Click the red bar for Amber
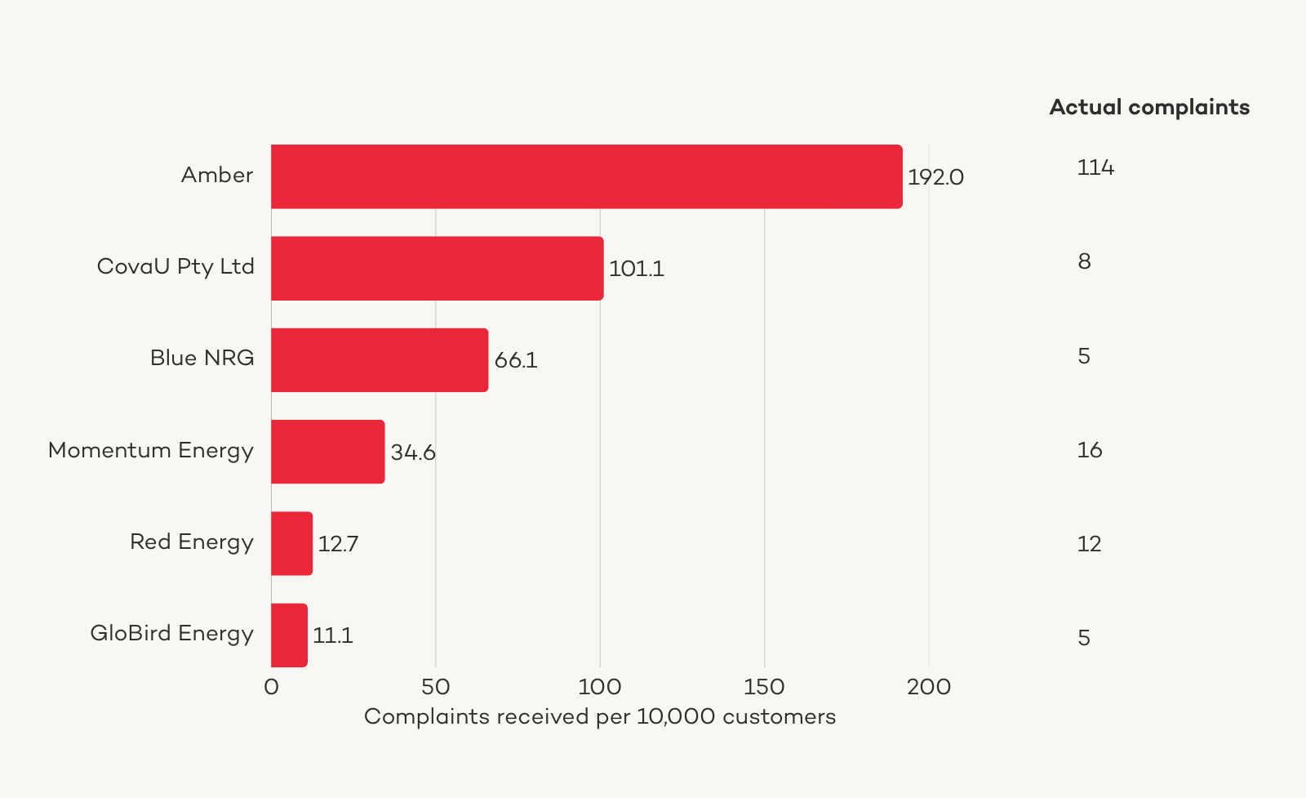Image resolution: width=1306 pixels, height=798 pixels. (x=586, y=176)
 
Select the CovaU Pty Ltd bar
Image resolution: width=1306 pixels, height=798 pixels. (x=437, y=268)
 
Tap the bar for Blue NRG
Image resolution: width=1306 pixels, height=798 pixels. (x=380, y=359)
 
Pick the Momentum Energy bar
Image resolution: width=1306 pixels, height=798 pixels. (x=327, y=452)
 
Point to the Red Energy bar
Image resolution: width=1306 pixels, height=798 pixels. (x=291, y=543)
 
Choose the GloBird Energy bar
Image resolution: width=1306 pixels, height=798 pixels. (x=289, y=635)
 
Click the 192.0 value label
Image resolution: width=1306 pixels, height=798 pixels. (x=935, y=177)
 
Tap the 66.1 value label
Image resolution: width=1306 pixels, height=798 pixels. (x=516, y=360)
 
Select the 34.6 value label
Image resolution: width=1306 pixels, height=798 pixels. (x=413, y=452)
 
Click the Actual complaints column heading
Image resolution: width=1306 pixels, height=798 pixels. (x=1149, y=107)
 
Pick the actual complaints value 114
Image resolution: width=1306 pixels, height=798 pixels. (x=1095, y=167)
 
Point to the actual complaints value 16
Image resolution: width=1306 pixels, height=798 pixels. (x=1090, y=450)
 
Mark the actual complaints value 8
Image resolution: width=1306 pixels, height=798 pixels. (x=1084, y=261)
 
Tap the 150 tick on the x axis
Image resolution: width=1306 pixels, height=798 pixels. (x=764, y=687)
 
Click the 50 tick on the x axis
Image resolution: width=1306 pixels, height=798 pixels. (x=436, y=687)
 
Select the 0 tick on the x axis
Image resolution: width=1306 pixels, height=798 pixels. (x=271, y=687)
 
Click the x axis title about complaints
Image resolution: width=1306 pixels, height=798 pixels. (x=600, y=716)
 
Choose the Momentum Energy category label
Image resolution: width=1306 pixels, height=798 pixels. (x=151, y=450)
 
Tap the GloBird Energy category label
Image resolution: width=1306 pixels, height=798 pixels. (x=171, y=633)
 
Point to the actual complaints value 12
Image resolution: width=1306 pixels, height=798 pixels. (x=1089, y=544)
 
